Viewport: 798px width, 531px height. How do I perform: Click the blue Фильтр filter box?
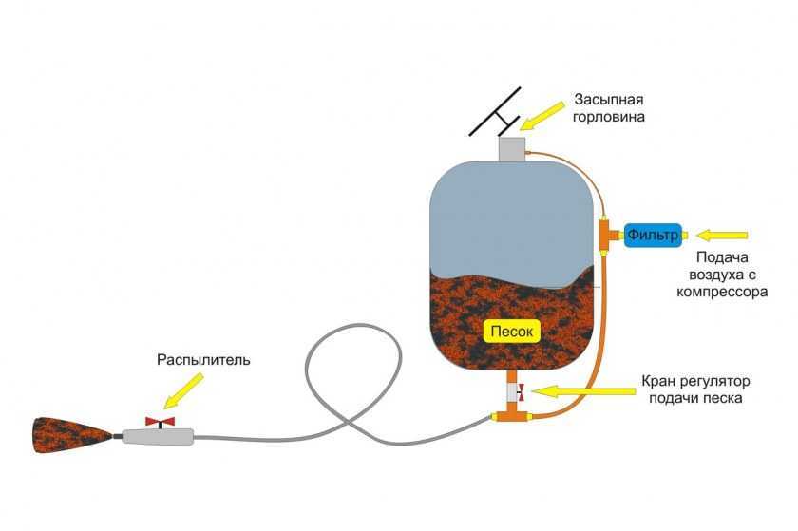click(x=654, y=233)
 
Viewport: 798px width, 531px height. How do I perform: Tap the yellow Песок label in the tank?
click(x=513, y=331)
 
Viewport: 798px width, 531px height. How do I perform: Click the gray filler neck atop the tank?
click(x=512, y=149)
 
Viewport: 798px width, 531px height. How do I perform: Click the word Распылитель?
click(x=202, y=360)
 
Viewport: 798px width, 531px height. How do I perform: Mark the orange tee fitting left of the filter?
click(x=604, y=234)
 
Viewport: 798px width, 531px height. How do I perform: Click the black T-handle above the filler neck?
click(x=496, y=111)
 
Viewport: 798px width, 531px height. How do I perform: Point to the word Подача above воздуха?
click(x=723, y=257)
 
